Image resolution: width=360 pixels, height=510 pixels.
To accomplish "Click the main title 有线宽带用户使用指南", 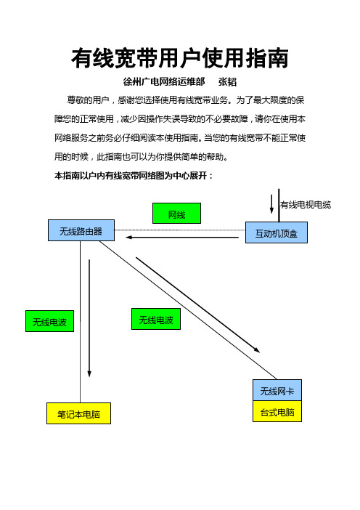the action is click(180, 59).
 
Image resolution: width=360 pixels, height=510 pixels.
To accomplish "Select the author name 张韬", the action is click(227, 81).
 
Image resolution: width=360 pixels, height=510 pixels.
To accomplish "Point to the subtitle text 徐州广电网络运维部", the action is click(164, 81).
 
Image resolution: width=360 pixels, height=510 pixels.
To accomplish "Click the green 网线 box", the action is click(177, 214).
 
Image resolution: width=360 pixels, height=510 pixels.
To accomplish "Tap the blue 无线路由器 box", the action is click(81, 230).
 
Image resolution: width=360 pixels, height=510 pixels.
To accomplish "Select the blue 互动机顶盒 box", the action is click(277, 232).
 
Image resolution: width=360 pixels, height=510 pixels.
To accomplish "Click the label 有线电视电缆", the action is click(306, 205).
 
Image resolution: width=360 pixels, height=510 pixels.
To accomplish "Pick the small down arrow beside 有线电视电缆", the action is click(271, 204).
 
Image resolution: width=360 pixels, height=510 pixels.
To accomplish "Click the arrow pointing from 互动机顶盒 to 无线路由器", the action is click(182, 238).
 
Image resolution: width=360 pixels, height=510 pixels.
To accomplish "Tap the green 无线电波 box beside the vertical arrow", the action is click(49, 321).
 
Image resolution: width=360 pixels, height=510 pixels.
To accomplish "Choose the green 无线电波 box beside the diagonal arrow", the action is click(156, 319).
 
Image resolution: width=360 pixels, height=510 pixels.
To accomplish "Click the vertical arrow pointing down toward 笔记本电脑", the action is click(89, 318).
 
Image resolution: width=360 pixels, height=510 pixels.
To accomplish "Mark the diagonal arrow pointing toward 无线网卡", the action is click(197, 304).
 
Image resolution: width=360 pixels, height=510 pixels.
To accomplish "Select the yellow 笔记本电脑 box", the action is click(78, 413).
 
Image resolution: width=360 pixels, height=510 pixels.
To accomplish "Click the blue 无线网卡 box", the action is click(277, 390).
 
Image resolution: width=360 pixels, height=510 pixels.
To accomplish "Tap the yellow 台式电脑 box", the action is click(277, 411).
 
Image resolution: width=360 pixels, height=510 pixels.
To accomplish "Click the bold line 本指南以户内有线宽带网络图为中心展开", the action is click(134, 176).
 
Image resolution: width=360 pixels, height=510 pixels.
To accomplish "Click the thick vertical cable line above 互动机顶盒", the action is click(279, 206).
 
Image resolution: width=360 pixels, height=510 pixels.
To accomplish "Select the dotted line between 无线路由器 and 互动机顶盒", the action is click(180, 230).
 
